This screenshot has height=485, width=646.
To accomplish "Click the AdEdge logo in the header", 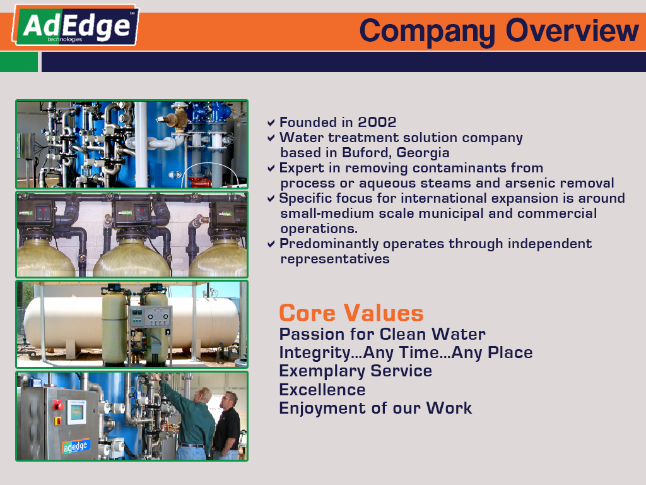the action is click(x=76, y=25).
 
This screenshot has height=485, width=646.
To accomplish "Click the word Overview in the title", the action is click(x=572, y=30).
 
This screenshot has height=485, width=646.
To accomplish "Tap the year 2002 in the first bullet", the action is click(x=377, y=122).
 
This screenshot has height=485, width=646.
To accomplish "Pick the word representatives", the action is click(x=335, y=259).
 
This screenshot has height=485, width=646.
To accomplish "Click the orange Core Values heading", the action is click(x=351, y=313).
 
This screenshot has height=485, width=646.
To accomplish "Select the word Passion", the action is click(x=312, y=334).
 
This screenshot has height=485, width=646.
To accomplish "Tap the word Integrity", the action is click(x=315, y=353).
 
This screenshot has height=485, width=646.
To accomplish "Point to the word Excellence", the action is click(x=322, y=390).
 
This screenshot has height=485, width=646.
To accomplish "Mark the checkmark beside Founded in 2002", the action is click(x=271, y=123).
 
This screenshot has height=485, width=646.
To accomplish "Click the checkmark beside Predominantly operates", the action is click(x=271, y=244).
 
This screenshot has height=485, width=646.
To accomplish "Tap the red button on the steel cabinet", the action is click(x=58, y=405).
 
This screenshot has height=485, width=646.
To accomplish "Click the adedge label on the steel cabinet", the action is click(x=76, y=446).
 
